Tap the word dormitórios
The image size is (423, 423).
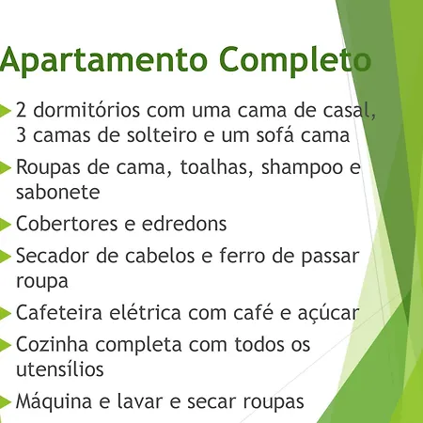click(86, 110)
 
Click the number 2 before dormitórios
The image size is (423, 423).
click(21, 111)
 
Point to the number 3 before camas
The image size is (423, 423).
click(21, 135)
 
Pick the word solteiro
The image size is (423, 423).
click(162, 135)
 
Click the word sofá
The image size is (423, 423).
click(275, 134)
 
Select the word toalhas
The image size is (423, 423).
click(216, 167)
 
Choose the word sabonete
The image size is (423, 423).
click(58, 192)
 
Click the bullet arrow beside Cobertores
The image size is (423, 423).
click(6, 225)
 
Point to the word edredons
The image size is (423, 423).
click(184, 224)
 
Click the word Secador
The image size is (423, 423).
click(52, 256)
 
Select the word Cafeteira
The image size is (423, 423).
click(59, 313)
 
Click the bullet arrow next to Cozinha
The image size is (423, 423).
click(6, 345)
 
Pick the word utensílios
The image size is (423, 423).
click(60, 369)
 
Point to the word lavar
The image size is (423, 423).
click(140, 401)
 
